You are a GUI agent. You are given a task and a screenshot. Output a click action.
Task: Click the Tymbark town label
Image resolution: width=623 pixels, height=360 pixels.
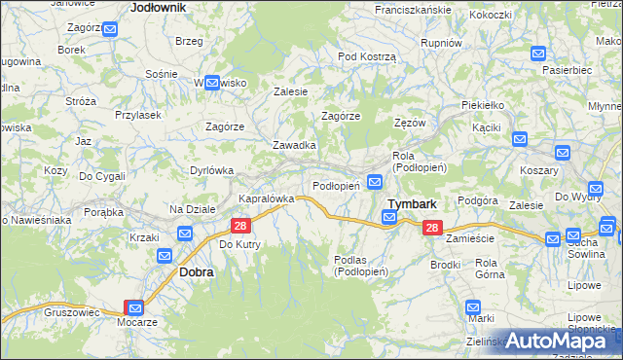tap(412, 204)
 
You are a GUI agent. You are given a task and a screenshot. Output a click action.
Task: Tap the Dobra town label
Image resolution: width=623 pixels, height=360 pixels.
tap(196, 273)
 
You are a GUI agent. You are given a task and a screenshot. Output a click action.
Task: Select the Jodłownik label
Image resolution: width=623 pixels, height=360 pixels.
tap(158, 7)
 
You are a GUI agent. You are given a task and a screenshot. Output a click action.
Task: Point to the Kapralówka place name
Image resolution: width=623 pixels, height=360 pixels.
tap(266, 198)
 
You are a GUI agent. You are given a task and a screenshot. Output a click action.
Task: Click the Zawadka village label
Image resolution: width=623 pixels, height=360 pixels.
tap(293, 145)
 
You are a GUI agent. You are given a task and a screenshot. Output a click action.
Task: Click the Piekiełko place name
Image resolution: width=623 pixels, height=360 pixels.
tap(484, 104)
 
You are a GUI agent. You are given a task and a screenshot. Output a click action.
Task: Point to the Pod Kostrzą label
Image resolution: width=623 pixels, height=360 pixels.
tap(367, 56)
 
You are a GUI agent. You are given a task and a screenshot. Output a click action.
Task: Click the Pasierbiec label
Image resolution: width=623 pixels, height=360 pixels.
tap(568, 71)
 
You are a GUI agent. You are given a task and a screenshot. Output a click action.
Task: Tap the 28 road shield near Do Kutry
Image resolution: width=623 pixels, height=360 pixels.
tap(239, 225)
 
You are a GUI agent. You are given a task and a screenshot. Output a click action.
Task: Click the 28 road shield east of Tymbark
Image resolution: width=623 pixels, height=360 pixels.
tap(432, 227)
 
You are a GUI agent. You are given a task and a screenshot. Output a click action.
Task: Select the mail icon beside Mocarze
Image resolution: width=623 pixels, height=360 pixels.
tap(135, 306)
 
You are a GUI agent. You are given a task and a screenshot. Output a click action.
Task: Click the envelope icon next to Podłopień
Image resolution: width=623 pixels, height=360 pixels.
tap(375, 182)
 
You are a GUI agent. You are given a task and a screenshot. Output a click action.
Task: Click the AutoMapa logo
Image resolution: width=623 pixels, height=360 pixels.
tap(562, 341)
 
